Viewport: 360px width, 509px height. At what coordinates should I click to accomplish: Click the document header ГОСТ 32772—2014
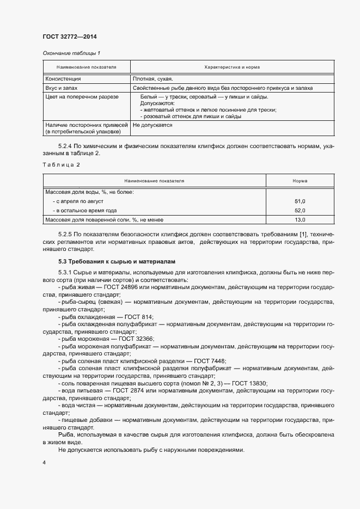tap(69, 37)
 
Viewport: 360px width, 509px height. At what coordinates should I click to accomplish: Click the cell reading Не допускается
tap(152, 125)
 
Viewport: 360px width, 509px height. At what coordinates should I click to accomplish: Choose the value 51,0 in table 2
tap(300, 201)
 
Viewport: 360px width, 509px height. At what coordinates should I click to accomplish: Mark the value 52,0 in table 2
tap(300, 210)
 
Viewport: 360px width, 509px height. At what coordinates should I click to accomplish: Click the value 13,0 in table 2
tap(300, 220)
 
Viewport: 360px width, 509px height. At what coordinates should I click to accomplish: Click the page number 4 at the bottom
tap(44, 462)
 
